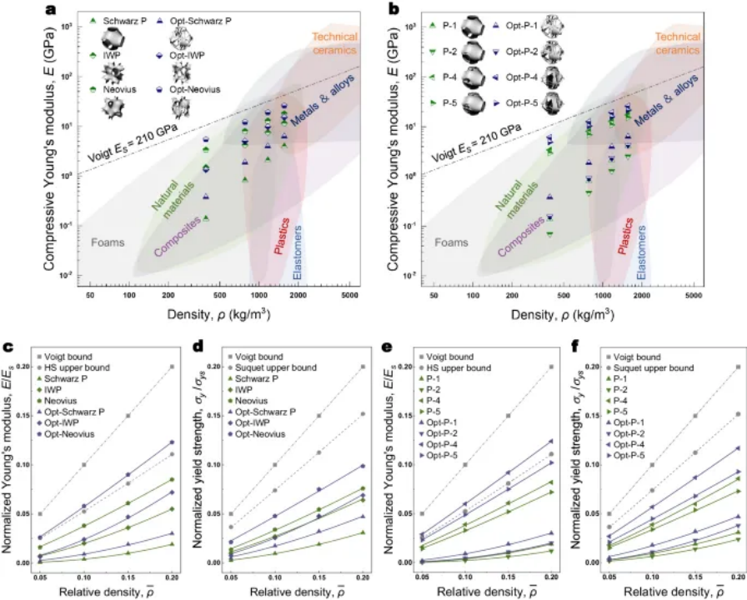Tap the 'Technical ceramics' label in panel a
point(335,44)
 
